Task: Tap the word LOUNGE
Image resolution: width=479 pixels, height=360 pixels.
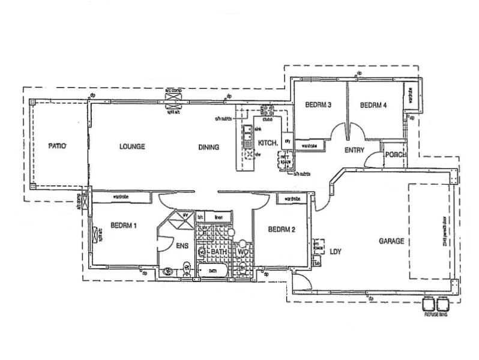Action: coord(132,146)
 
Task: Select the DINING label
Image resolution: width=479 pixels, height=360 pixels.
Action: coord(209,147)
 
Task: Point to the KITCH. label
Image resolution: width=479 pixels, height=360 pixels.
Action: coord(267,143)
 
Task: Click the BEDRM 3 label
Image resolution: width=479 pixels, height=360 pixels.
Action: coord(318,105)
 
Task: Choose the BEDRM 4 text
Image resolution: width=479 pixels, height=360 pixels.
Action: coord(373,105)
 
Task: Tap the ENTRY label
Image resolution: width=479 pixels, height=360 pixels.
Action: coord(354,151)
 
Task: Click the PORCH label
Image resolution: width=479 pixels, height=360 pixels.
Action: coord(396,154)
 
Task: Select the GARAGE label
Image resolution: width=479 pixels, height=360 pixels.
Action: coord(391,241)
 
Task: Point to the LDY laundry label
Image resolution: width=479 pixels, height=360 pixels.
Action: coord(335,252)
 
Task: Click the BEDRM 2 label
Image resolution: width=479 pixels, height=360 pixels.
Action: coord(282,229)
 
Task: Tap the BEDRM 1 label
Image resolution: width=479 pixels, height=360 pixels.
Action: coord(124,226)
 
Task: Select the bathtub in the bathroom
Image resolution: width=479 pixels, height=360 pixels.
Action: coord(212,271)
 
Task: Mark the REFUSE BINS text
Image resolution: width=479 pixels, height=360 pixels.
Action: coord(435,314)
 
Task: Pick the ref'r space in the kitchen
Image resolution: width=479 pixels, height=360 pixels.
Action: coord(285,160)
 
